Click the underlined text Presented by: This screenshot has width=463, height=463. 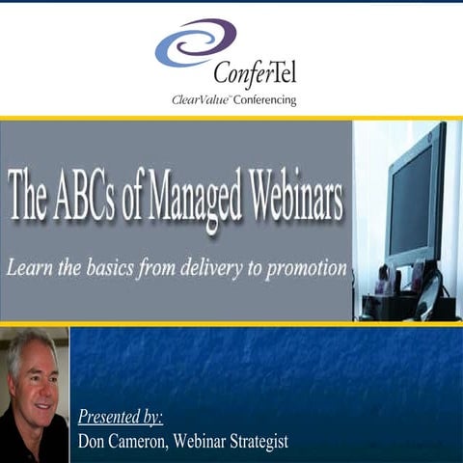pos(121,418)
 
